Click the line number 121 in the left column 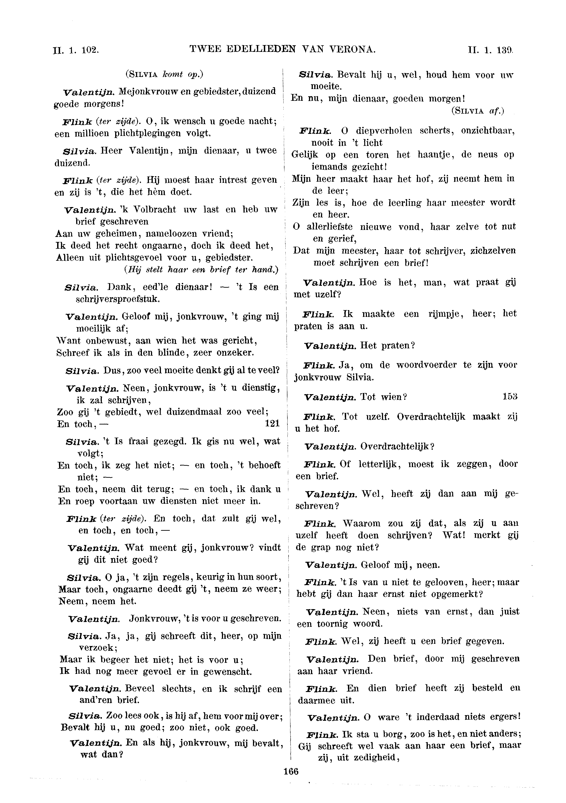coord(273,424)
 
